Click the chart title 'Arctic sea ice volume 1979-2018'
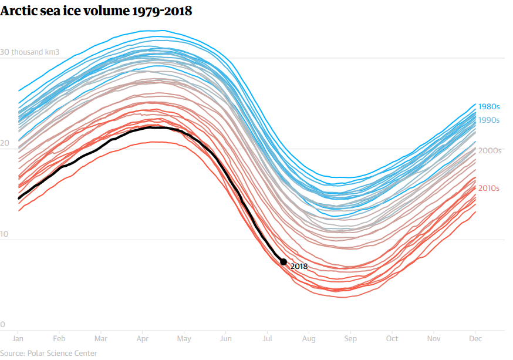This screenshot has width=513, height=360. click(x=96, y=11)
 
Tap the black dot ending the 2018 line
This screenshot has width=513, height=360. click(x=283, y=262)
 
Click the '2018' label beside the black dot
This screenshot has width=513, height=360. click(x=299, y=266)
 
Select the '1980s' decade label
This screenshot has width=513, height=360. click(x=488, y=107)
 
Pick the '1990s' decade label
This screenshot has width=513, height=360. click(x=488, y=120)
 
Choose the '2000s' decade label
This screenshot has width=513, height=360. click(x=490, y=150)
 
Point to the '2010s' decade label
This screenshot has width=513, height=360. click(x=488, y=188)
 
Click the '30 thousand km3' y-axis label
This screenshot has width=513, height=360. click(x=30, y=52)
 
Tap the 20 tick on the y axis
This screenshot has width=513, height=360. click(x=5, y=143)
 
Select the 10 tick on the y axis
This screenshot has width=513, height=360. click(x=5, y=234)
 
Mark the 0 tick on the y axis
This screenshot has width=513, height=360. click(x=3, y=325)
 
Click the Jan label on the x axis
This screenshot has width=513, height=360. click(x=18, y=339)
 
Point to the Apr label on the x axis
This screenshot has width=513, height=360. click(x=143, y=339)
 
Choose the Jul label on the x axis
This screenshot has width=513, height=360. click(x=267, y=339)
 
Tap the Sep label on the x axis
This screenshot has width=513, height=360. click(x=350, y=339)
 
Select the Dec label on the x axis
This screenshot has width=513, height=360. click(x=475, y=339)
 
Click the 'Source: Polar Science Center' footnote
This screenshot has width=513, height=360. click(x=49, y=353)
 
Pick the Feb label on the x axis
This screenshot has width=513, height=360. click(x=59, y=339)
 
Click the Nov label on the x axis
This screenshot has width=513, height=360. click(x=434, y=339)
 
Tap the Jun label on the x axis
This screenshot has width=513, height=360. click(x=226, y=339)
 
